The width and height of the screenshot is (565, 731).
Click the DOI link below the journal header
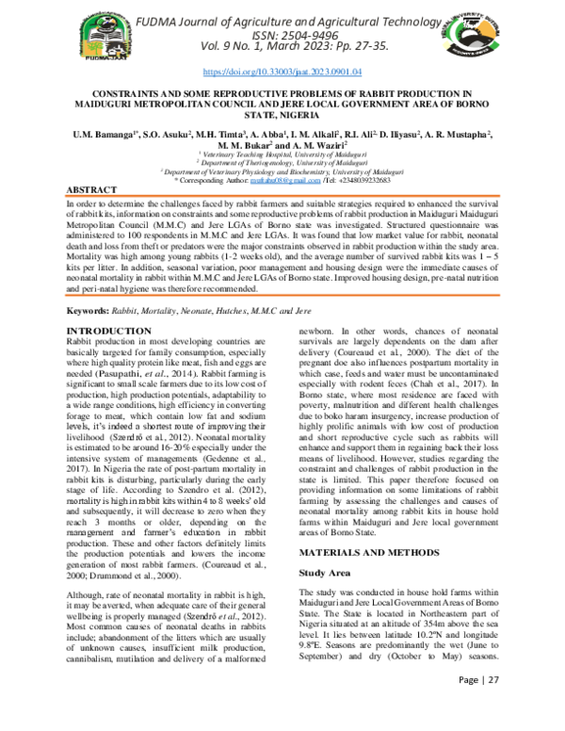coord(282,72)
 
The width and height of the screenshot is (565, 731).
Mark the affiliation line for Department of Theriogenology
coord(282,161)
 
